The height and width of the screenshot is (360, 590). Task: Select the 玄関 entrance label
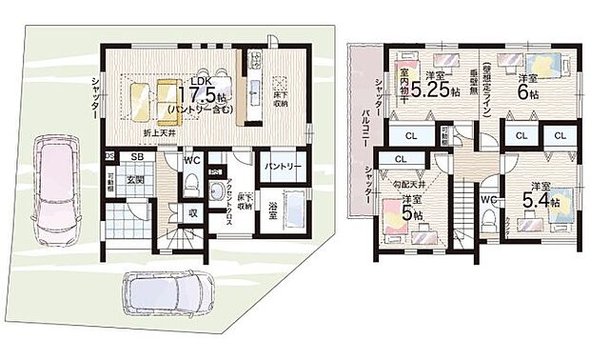133,179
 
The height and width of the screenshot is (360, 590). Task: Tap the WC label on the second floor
487,199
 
